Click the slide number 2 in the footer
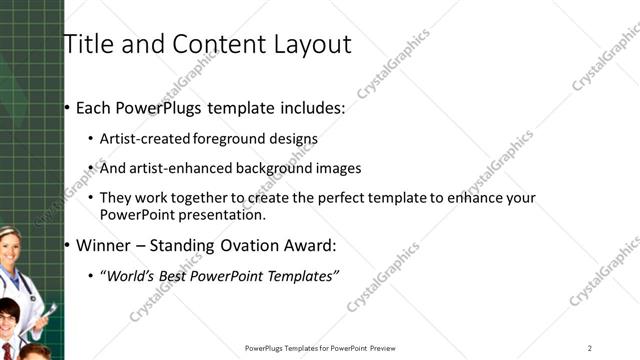590,348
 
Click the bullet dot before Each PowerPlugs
66,109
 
